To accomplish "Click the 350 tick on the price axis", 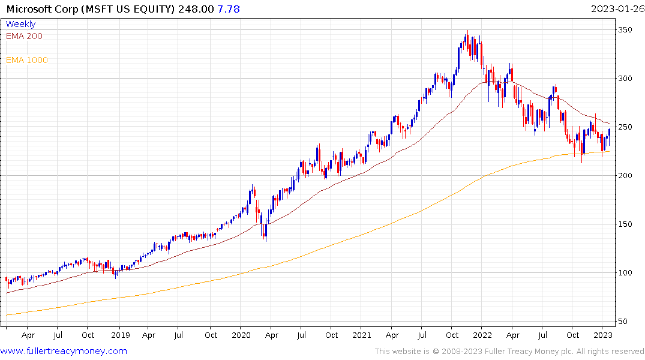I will (626, 29).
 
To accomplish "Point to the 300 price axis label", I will (626, 78).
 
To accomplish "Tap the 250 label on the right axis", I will (626, 127).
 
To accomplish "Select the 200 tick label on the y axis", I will (626, 175).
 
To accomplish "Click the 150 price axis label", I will (626, 224).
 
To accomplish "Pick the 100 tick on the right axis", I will (626, 272).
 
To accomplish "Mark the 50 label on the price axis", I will (625, 321).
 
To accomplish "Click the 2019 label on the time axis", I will (121, 336).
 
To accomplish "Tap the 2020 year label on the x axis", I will (241, 336).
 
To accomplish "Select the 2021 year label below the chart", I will (362, 336).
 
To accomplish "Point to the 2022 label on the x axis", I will (482, 336).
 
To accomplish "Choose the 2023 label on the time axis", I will (603, 336).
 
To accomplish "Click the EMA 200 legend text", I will (24, 36).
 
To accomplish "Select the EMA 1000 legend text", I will (27, 60).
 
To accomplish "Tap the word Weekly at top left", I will (20, 24).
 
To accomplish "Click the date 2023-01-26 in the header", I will (616, 8).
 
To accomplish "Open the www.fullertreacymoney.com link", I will (64, 351).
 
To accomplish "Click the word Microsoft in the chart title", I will (27, 8).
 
